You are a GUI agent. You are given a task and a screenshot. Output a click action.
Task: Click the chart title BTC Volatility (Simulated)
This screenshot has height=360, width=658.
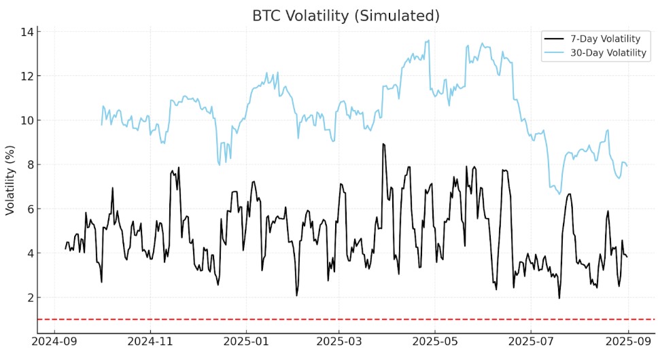pos(346,14)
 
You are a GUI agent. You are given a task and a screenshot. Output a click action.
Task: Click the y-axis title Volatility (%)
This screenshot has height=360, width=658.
pos(10,180)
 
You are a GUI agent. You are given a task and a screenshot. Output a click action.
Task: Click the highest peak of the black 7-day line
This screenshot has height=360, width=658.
pos(383,144)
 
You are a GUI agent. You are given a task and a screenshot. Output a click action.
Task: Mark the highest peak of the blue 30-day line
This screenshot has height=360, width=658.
pos(428,40)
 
